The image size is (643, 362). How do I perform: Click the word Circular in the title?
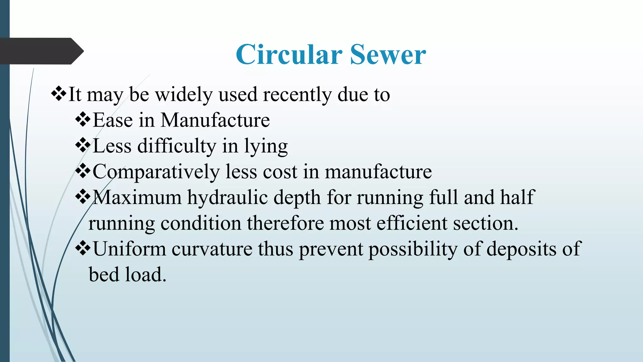289,55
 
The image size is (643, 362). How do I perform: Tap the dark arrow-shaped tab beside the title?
41,51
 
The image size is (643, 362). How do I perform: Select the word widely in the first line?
184,94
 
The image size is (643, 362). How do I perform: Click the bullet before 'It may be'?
59,94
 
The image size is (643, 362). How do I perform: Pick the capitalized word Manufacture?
215,120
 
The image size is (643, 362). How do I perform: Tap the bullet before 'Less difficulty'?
83,145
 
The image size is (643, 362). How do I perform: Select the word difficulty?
177,146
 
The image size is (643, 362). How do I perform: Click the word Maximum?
137,197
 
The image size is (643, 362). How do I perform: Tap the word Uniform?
129,249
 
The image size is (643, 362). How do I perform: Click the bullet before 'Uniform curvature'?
83,249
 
